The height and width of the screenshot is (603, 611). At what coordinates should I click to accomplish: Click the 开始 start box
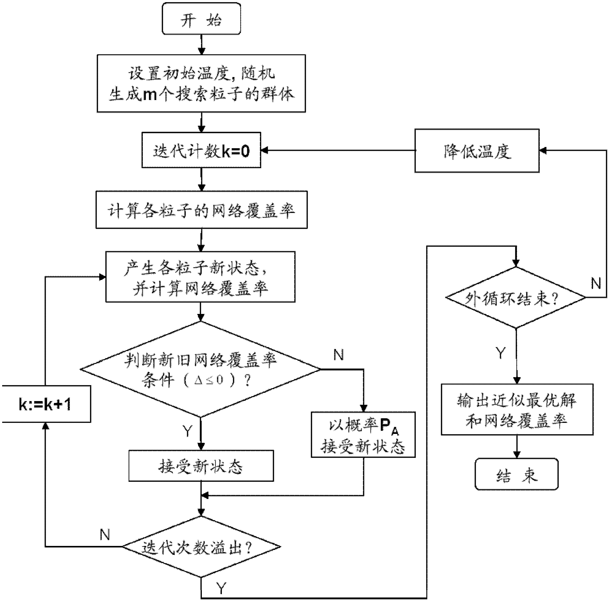coord(202,19)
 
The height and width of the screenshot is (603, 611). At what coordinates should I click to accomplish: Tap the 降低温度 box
coord(477,151)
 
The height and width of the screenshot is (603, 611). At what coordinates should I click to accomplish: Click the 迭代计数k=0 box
coord(201,150)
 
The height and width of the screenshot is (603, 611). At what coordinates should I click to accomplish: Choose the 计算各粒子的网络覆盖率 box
coord(202,209)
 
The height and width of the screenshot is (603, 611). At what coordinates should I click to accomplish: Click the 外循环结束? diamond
coord(516,297)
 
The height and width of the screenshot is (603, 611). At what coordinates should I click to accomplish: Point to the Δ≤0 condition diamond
coord(201,369)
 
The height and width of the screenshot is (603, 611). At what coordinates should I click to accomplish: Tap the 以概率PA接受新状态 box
coord(363,435)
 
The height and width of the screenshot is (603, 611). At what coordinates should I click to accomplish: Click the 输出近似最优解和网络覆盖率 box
coord(517,409)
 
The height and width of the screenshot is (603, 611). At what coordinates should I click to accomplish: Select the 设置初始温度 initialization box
coord(201,83)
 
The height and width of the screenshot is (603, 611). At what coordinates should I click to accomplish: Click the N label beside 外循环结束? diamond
coord(596,284)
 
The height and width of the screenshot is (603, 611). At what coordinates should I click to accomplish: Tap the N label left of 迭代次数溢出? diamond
coord(105,534)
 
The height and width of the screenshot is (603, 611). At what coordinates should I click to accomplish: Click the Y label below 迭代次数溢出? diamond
coord(221,588)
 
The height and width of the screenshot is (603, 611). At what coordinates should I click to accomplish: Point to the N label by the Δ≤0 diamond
coord(338,355)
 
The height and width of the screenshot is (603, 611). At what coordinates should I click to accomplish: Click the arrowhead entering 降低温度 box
coord(543,151)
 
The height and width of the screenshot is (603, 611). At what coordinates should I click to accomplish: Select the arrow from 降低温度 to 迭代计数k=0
coord(338,151)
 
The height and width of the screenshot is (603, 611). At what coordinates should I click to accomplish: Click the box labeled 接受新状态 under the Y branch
coord(201,466)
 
